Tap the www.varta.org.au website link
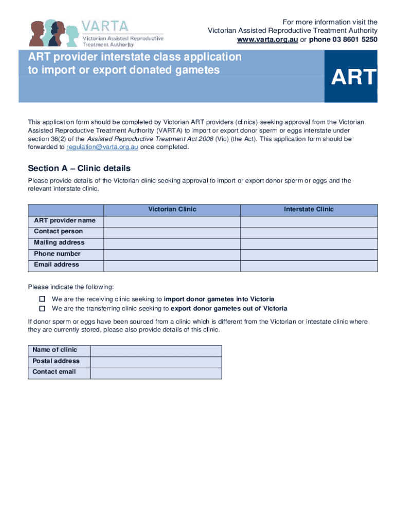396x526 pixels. point(267,40)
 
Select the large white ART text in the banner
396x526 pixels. point(354,78)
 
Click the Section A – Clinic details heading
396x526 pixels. point(79,168)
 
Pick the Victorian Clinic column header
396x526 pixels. point(172,210)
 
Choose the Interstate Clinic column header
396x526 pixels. point(309,210)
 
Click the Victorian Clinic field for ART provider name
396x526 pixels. point(172,221)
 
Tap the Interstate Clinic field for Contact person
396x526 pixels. point(309,232)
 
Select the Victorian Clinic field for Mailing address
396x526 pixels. point(172,243)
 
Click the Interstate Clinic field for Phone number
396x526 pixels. point(309,254)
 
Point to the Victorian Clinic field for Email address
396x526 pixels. point(172,265)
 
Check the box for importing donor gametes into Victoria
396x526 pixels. point(42,299)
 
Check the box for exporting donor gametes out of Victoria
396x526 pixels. point(42,309)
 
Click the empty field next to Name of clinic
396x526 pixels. point(156,350)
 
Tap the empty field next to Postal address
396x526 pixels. point(156,362)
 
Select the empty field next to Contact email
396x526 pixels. point(156,372)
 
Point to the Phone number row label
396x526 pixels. point(57,254)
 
